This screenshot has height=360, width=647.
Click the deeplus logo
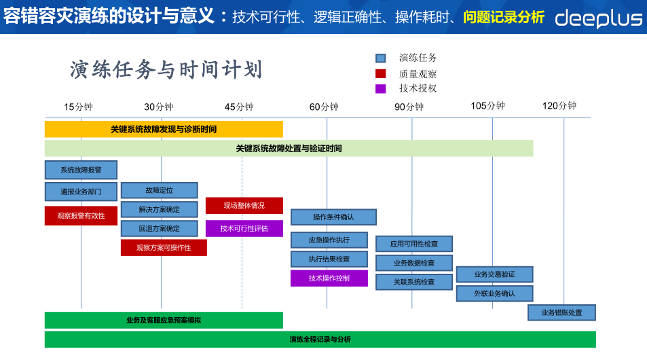point(598,18)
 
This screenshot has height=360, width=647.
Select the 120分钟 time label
point(559,106)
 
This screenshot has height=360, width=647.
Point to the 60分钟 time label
point(324,107)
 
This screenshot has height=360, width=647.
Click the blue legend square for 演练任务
point(381,58)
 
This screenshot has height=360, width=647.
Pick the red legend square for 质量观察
point(381,73)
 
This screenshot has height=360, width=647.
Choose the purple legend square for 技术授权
point(381,88)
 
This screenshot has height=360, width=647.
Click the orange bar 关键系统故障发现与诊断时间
point(164,129)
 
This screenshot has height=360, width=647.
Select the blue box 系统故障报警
point(81,170)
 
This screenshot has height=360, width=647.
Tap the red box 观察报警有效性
point(81,215)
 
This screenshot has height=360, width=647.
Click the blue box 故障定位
point(160,190)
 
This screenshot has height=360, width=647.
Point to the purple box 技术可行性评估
point(244,228)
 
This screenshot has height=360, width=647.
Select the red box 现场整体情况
point(244,205)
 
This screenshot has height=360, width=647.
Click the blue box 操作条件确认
point(333,217)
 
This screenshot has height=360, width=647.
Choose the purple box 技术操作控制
point(329,278)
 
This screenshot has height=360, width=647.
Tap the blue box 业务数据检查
point(414,263)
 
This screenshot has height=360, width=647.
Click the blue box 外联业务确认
point(494,293)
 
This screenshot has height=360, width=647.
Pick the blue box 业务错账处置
point(562,312)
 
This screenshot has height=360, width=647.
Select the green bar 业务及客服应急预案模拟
point(164,320)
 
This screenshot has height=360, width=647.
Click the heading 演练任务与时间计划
point(166,70)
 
